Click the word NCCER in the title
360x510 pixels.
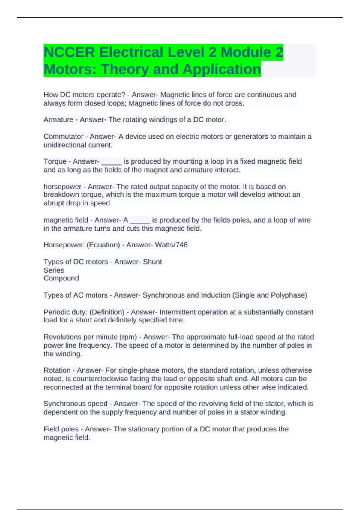[69, 52]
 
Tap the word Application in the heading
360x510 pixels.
[222, 69]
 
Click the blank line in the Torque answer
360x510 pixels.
[112, 162]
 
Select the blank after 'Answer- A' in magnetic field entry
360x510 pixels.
[140, 221]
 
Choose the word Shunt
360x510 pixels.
[152, 262]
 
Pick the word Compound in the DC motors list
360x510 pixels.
[61, 278]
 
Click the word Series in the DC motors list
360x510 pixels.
[54, 270]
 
